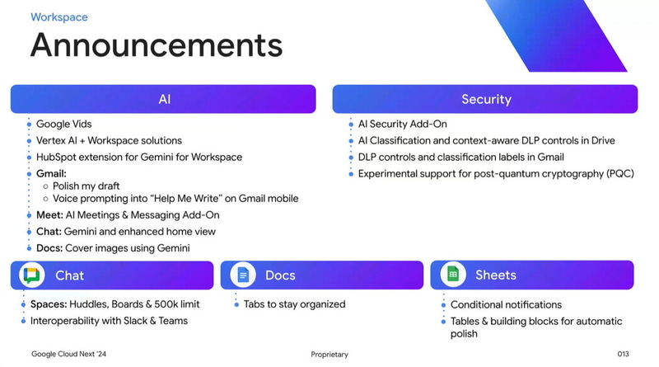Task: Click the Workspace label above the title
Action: (x=58, y=16)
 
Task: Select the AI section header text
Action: (x=164, y=100)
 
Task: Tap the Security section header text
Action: (x=486, y=100)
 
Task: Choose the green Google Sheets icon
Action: (x=452, y=275)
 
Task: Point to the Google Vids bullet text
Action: (x=63, y=125)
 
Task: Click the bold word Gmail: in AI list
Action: (x=50, y=174)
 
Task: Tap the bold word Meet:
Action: (x=49, y=215)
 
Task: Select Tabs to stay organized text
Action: (x=294, y=304)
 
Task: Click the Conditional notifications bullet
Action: (x=506, y=304)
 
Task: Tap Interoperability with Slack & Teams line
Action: (x=109, y=321)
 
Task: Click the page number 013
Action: (x=624, y=355)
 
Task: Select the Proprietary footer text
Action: (x=329, y=355)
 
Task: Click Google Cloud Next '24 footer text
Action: (x=69, y=355)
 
